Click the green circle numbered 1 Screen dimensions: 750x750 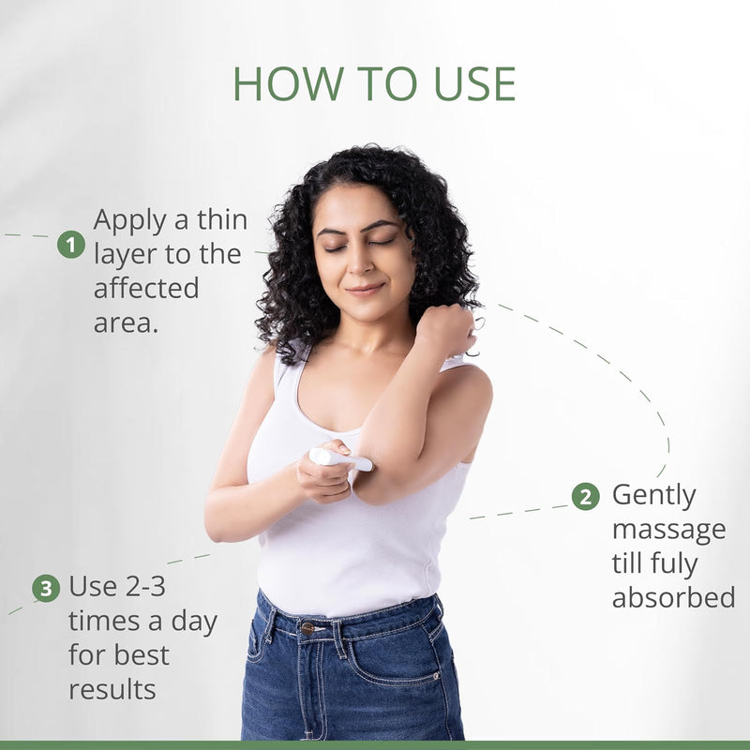(x=71, y=245)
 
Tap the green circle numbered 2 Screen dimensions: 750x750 (x=585, y=497)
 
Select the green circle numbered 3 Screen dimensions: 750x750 (x=46, y=589)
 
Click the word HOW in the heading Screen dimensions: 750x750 (x=289, y=83)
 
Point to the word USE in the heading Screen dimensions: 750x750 (x=474, y=83)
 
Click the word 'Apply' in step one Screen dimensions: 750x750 (x=130, y=221)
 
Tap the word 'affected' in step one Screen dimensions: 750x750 (x=146, y=288)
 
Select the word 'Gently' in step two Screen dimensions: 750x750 (x=653, y=496)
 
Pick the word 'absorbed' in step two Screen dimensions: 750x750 (x=673, y=597)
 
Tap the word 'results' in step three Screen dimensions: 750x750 (x=112, y=690)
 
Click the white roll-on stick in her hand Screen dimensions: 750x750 (x=340, y=458)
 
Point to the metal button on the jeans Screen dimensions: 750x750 (x=307, y=628)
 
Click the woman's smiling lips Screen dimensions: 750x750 (x=365, y=289)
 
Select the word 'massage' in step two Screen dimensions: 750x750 (x=669, y=531)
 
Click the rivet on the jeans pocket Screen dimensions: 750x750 (x=436, y=676)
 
